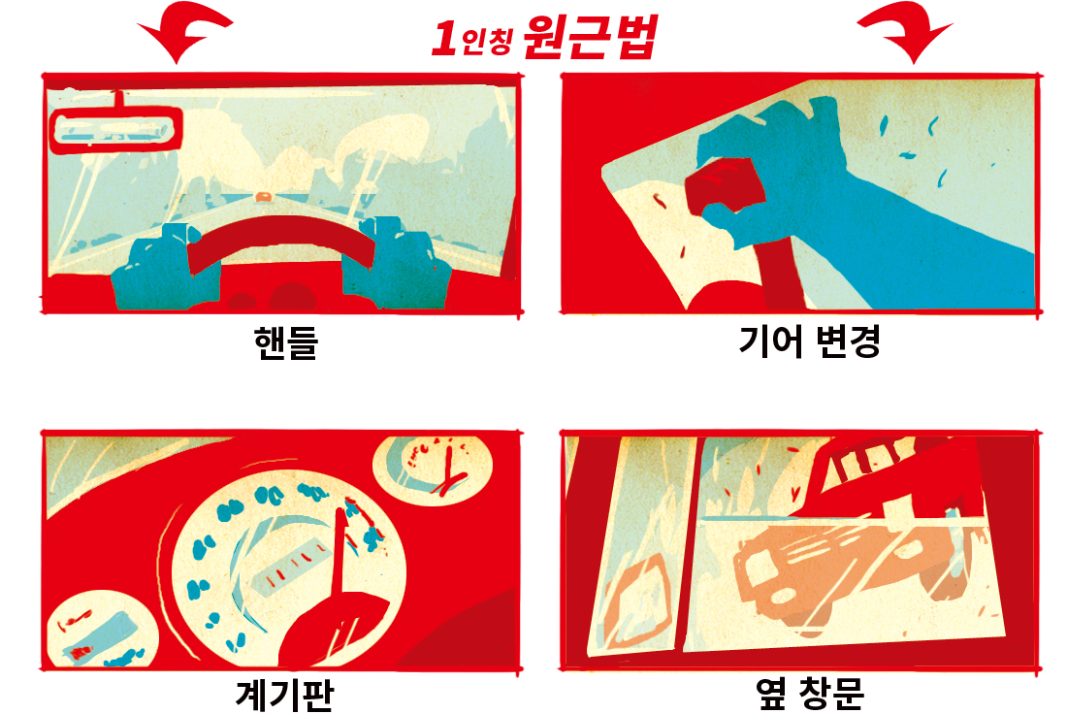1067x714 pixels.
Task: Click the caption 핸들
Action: [286, 341]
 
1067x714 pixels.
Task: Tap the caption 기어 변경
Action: [809, 341]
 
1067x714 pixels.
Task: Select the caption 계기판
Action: [285, 695]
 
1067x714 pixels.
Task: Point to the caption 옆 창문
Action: [810, 694]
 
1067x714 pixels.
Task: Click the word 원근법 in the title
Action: [590, 37]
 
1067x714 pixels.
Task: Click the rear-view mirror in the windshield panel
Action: [116, 129]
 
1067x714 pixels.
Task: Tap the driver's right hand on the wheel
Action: [397, 266]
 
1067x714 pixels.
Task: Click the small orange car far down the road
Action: [263, 197]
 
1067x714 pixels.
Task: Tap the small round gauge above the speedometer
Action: [433, 470]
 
